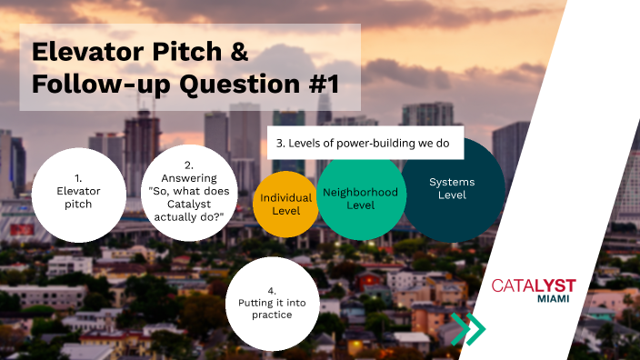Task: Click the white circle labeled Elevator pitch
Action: coord(78,192)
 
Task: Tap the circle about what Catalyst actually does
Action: coord(188,192)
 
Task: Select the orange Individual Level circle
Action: coord(285,203)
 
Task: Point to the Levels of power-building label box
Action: coord(365,143)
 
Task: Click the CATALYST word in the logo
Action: coord(534,285)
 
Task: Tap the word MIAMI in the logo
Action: coord(554,299)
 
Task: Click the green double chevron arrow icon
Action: coord(468,328)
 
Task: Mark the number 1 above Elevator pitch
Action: coord(78,178)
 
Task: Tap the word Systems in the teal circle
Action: coord(452,182)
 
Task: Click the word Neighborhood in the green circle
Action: coord(361,192)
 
